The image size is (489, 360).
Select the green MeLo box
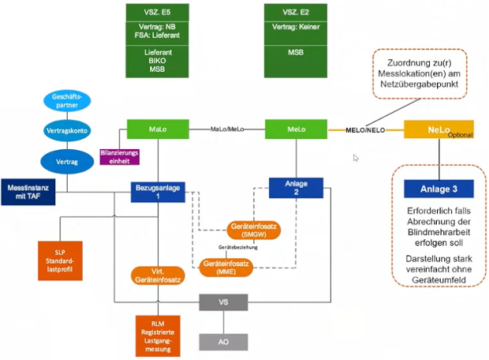click(297, 129)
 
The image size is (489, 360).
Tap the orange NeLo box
click(439, 129)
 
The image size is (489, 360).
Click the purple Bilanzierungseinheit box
click(120, 155)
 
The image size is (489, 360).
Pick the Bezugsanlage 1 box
click(157, 190)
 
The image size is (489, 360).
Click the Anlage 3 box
click(439, 188)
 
